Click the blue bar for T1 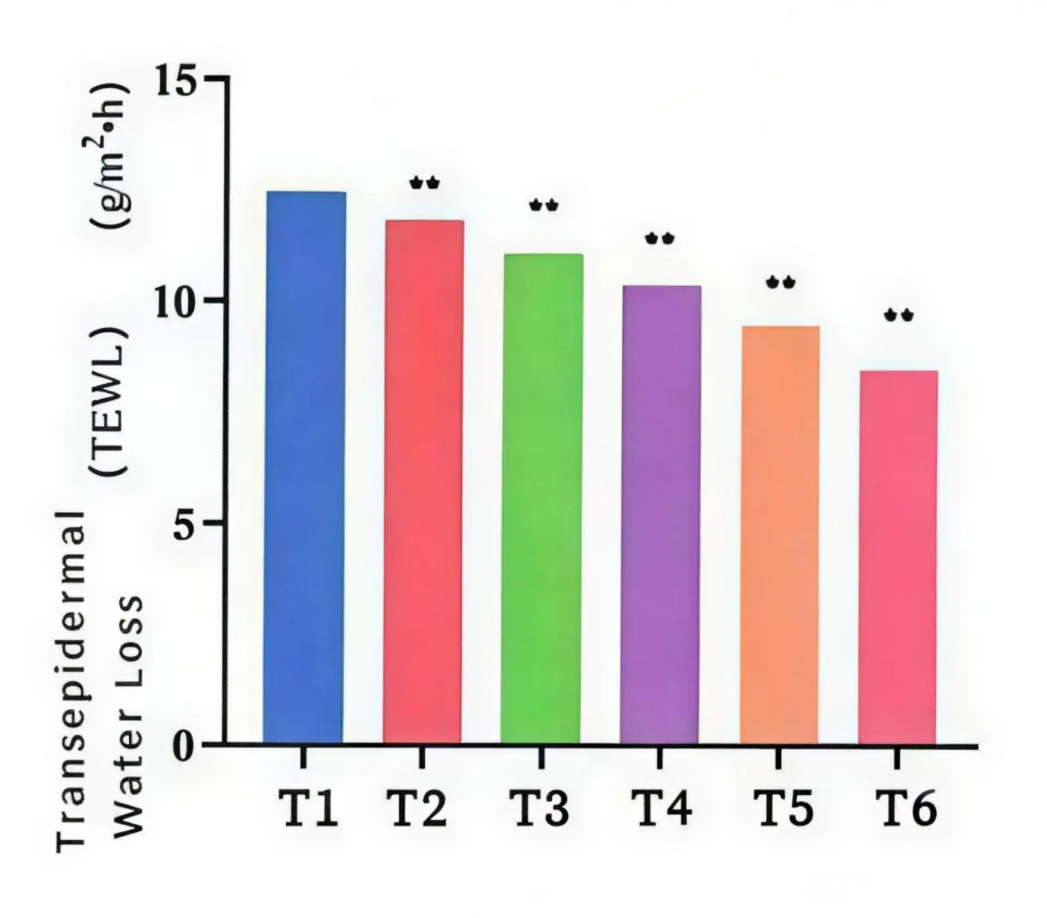tap(304, 467)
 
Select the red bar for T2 tap(423, 482)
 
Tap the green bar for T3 tap(541, 499)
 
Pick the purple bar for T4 tap(660, 515)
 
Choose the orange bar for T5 tap(779, 535)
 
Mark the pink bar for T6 tap(898, 557)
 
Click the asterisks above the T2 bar tap(424, 183)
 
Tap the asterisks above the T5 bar tap(780, 282)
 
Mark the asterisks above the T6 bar tap(899, 315)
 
